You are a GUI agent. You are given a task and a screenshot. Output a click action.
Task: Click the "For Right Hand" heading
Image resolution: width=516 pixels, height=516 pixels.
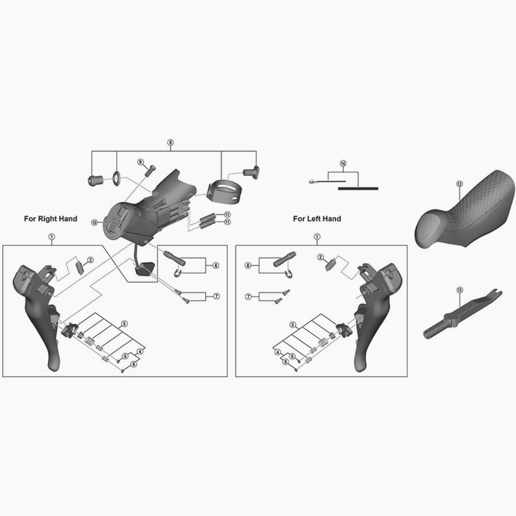(51, 219)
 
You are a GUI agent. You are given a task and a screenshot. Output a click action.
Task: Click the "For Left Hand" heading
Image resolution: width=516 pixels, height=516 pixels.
(317, 219)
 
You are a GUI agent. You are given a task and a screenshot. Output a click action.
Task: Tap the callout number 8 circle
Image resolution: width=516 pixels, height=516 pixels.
(170, 142)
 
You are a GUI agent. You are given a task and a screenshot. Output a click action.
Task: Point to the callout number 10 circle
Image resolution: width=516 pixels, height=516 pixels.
(94, 222)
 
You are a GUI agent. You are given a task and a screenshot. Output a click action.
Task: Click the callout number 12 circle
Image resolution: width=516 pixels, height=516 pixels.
(459, 184)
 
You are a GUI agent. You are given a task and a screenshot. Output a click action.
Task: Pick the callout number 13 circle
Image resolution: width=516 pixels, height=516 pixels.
(460, 290)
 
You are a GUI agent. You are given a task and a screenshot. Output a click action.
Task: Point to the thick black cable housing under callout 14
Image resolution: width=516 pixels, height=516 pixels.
(358, 188)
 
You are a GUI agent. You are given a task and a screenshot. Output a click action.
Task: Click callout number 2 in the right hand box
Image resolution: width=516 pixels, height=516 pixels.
(91, 260)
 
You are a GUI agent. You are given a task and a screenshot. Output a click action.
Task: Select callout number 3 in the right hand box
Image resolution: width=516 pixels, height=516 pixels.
(124, 324)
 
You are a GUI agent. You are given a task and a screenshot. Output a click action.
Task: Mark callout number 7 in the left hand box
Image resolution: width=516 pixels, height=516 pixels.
(248, 297)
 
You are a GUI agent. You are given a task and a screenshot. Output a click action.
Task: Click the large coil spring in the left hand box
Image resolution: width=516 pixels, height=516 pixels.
(323, 342)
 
